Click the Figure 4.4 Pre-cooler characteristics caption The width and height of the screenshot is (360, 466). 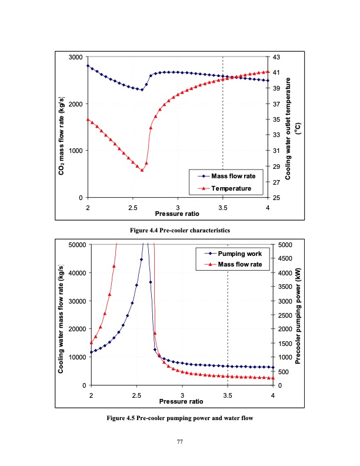[x=180, y=229]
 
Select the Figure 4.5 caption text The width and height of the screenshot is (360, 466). [x=180, y=418]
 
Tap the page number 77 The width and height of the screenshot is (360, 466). [x=180, y=441]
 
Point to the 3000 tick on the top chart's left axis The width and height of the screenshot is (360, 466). [x=75, y=57]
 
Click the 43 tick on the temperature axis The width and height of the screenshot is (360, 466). [x=276, y=57]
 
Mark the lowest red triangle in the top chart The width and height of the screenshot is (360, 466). [x=142, y=170]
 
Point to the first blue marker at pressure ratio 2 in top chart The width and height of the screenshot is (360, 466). [x=88, y=66]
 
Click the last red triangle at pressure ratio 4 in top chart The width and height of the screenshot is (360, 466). [x=268, y=72]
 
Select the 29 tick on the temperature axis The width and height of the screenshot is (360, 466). [x=276, y=167]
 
